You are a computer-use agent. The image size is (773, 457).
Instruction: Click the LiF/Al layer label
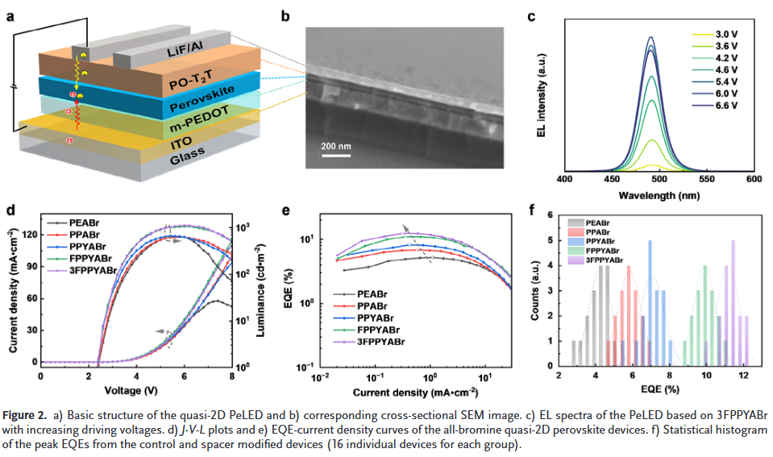pos(188,50)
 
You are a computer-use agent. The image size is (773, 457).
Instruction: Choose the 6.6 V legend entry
pos(726,106)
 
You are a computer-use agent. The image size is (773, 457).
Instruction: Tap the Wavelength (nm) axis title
pos(659,194)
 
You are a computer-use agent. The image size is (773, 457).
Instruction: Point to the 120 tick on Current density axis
pos(30,235)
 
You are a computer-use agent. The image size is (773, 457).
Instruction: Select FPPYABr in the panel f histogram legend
pos(602,250)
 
